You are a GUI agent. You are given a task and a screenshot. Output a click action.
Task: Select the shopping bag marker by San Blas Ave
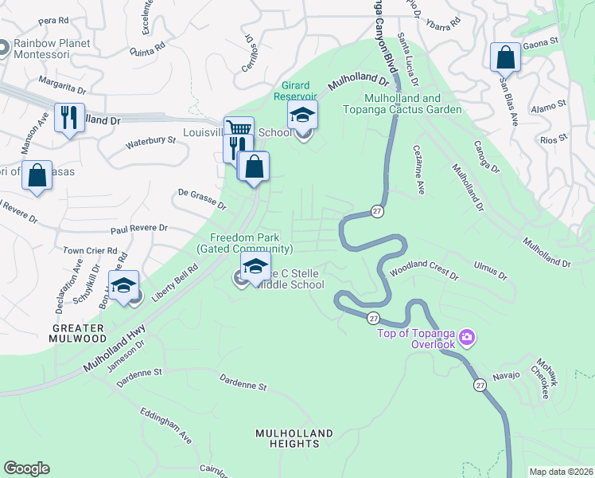point(505,57)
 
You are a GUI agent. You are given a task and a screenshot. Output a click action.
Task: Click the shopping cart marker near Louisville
point(238,128)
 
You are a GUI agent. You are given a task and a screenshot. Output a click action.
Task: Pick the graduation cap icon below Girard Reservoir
point(302,115)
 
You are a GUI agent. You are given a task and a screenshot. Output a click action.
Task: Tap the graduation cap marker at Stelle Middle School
point(255,267)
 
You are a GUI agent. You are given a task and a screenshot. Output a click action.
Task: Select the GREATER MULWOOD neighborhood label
point(79,333)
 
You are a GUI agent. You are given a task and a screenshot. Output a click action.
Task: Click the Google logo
point(26,468)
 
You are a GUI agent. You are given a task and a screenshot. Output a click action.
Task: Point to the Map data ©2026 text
point(560,472)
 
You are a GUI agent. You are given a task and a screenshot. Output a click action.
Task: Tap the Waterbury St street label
point(150,143)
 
